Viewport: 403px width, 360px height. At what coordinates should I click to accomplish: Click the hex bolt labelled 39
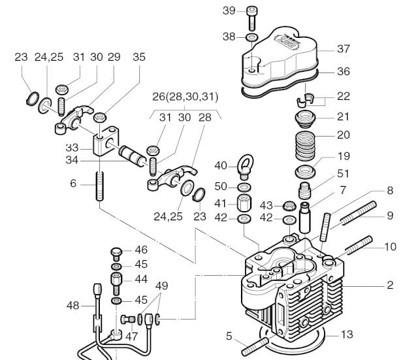point(252,18)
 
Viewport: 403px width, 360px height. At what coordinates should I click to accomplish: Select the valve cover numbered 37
point(280,58)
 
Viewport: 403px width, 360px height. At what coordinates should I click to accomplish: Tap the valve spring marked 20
point(305,146)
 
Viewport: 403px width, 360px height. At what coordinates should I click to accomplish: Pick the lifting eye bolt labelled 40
point(245,167)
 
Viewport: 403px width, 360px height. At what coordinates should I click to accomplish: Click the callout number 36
point(344,71)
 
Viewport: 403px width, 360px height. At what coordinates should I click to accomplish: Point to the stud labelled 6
point(100,186)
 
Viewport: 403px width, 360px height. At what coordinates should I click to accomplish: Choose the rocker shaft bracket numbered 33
point(106,141)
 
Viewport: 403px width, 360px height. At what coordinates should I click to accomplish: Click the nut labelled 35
point(100,117)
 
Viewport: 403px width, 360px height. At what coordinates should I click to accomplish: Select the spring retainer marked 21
point(305,118)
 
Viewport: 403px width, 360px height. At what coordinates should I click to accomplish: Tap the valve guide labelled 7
point(305,218)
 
